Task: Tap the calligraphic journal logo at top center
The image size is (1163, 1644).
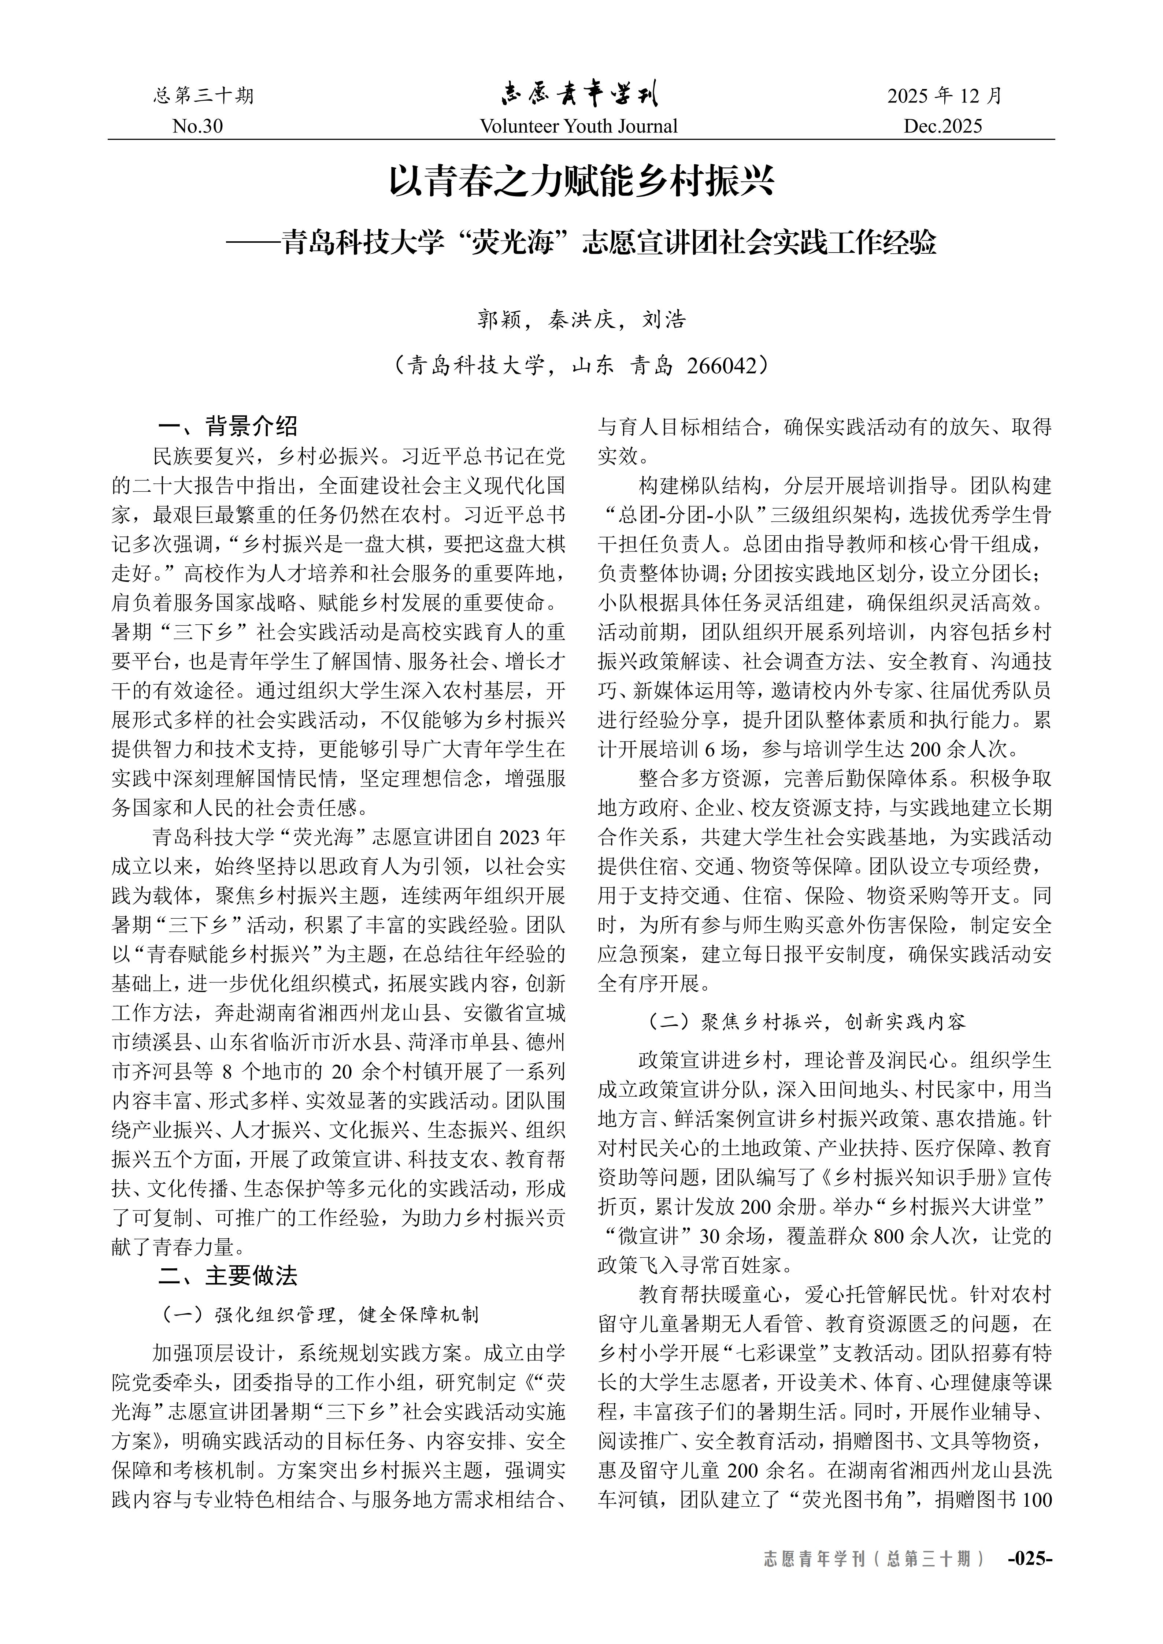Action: [x=579, y=94]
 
